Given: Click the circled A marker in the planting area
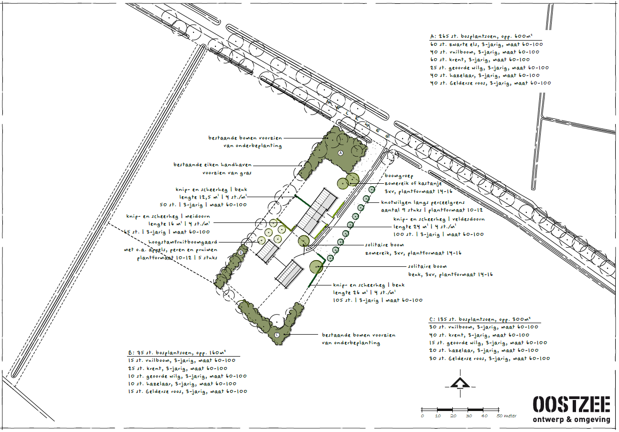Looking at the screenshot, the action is coord(341,153).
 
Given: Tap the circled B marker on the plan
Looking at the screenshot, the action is coord(241,253).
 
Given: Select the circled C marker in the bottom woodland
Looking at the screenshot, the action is coord(277,335).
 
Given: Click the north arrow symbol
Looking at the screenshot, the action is coord(460,383).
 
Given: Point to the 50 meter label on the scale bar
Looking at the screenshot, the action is coord(506,416).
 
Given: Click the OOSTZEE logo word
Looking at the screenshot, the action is coord(571,405).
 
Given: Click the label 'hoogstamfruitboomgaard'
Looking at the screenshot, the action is coord(183,242).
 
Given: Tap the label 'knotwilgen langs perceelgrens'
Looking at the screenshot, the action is coord(423,202).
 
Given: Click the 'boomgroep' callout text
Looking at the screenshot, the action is coord(399,176).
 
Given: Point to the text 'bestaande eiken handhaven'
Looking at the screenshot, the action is coord(213,165).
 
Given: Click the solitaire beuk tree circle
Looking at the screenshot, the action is coord(316,267).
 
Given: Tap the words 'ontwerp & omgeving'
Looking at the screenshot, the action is coord(571,419).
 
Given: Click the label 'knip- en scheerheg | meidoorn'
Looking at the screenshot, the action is coord(168,216).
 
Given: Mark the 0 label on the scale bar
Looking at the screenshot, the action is coord(422,416).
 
